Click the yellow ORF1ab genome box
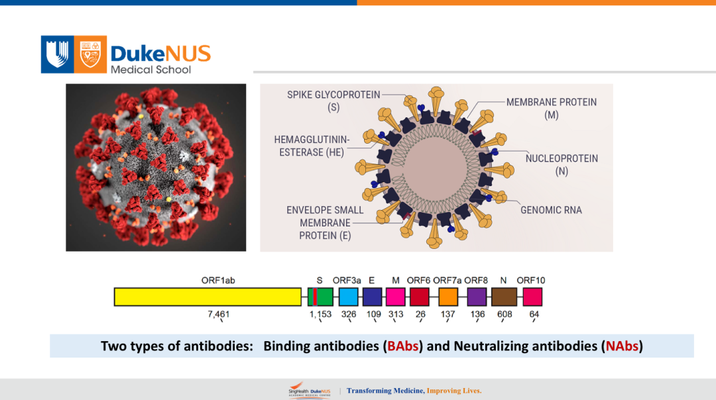click(x=208, y=297)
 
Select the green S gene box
click(x=320, y=297)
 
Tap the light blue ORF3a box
click(x=349, y=297)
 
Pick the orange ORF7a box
click(x=448, y=297)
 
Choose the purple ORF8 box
click(x=477, y=297)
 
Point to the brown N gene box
click(x=504, y=297)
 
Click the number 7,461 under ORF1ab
click(x=218, y=315)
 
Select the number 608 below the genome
click(x=505, y=315)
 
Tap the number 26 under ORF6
click(x=420, y=315)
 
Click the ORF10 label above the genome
click(x=530, y=281)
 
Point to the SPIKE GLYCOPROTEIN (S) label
click(x=333, y=101)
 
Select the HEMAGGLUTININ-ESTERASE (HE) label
click(x=312, y=146)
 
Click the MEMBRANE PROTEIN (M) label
click(x=552, y=109)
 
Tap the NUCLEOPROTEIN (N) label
click(x=562, y=165)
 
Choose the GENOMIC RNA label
click(x=551, y=210)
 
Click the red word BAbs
click(x=403, y=346)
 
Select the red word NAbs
click(x=622, y=346)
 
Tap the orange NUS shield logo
click(x=90, y=54)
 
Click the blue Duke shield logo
click(x=57, y=54)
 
